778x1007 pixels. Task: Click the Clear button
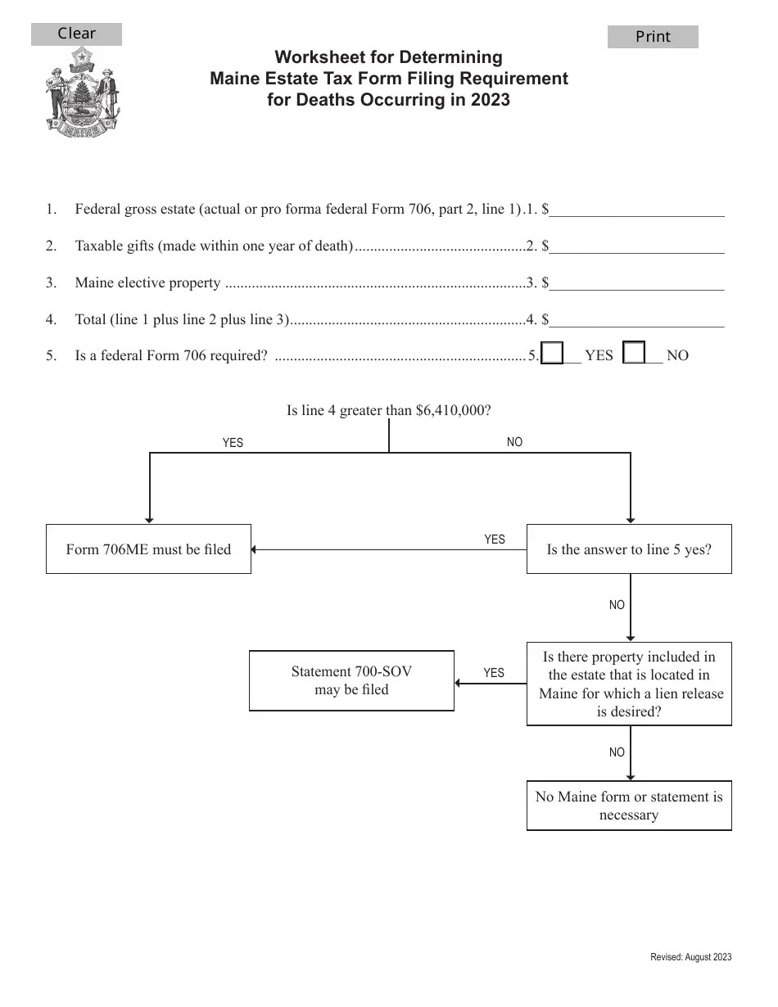point(76,34)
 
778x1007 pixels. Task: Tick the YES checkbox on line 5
point(553,354)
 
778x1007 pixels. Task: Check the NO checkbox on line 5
point(635,354)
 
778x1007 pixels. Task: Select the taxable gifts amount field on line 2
point(637,246)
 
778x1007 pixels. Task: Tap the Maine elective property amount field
point(637,282)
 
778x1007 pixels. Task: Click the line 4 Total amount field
point(637,319)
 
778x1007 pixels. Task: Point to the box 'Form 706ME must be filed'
point(148,549)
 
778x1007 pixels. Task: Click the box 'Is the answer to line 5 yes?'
point(629,549)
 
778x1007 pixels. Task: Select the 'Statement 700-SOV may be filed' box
point(351,680)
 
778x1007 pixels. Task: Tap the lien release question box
point(629,684)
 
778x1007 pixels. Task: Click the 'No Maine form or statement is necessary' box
point(629,806)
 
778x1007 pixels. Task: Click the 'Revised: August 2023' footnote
point(690,957)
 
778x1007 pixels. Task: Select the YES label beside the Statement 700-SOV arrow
point(494,673)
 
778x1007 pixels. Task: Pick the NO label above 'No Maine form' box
point(617,752)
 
